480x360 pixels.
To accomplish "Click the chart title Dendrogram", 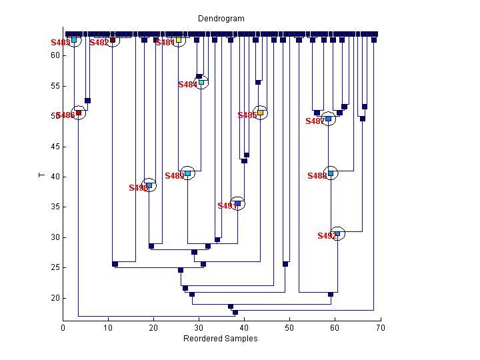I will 221,19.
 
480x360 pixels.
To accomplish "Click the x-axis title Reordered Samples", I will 221,339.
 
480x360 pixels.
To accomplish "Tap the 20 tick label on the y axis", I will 54,298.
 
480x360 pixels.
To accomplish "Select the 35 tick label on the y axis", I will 54,207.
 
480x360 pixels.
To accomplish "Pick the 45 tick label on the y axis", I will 54,147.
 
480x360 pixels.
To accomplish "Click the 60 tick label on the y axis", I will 54,55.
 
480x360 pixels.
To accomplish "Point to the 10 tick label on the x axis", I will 108,328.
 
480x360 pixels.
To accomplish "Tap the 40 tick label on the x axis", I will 243,328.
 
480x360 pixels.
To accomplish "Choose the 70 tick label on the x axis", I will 379,328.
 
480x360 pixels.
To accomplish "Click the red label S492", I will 327,236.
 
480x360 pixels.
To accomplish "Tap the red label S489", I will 174,176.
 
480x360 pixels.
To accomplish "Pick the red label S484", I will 187,85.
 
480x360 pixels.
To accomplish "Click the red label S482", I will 99,43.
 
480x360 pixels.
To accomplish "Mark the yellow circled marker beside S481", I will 179,40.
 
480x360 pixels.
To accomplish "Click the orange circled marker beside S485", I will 261,113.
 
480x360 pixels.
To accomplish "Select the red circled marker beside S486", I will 79,113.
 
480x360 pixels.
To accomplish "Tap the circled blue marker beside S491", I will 238,203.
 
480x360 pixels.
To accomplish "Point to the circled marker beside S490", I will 149,185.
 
